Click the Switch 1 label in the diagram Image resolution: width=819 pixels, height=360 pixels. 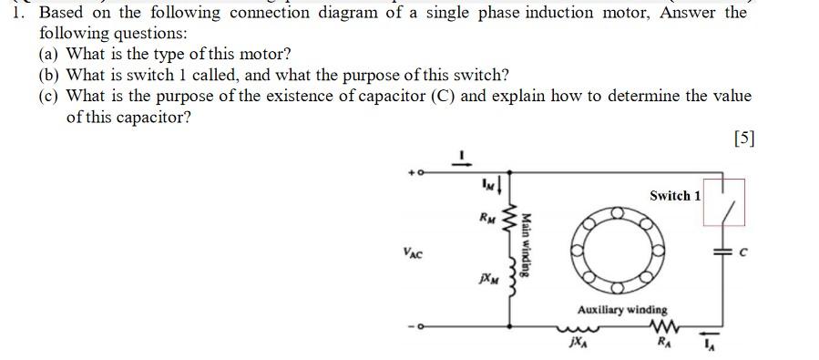(675, 196)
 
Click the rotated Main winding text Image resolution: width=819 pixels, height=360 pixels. (526, 245)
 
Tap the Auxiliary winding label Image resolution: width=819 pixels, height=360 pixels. (621, 310)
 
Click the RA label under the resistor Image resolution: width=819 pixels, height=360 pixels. (662, 344)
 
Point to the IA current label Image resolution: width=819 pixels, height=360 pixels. (713, 345)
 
